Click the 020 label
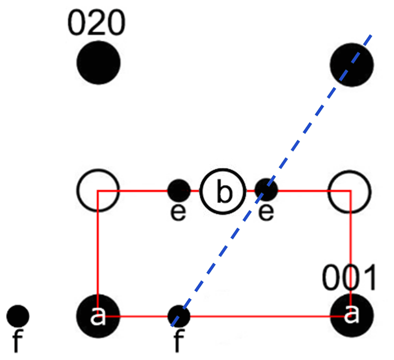(96, 24)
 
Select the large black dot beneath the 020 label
(98, 63)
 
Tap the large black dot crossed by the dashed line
(352, 65)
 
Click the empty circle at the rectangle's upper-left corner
(98, 190)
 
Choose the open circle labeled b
(223, 192)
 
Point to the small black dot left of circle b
(179, 190)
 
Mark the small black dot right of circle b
(266, 190)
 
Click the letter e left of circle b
(178, 213)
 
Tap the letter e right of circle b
(266, 213)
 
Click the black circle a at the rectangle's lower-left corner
(98, 316)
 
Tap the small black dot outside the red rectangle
(18, 316)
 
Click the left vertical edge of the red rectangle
(97, 246)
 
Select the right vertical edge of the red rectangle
(351, 241)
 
